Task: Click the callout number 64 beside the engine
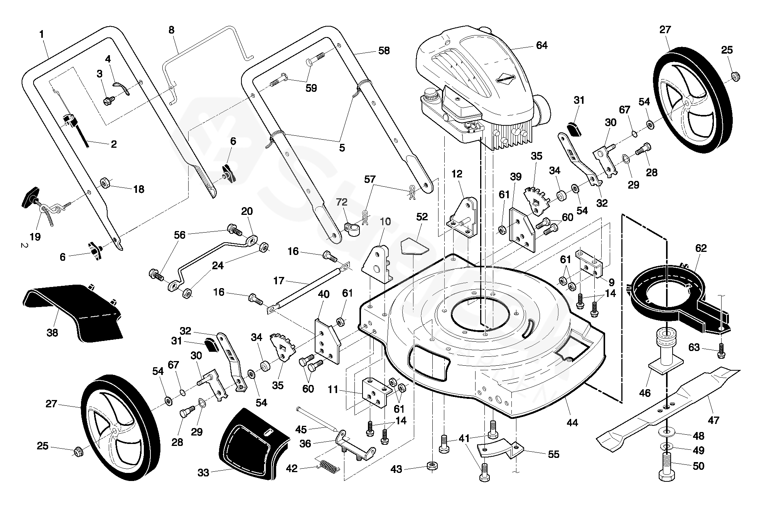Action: pos(541,46)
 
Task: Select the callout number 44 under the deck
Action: pos(572,423)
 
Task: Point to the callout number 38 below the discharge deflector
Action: pos(52,332)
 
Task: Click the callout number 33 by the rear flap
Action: pos(203,473)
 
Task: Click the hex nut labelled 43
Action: pos(432,466)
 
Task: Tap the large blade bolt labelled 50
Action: pos(666,467)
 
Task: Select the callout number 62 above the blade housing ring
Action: pos(701,248)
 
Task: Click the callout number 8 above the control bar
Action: pos(172,30)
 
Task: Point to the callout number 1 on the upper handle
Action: pos(41,34)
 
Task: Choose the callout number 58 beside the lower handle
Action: pos(384,51)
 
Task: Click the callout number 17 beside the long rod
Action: pos(278,280)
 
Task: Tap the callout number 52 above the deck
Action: pos(422,217)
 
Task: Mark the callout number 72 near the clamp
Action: pos(341,202)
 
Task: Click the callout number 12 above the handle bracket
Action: pos(457,174)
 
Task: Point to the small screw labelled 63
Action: pos(720,352)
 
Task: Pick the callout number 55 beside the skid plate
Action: pos(553,454)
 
